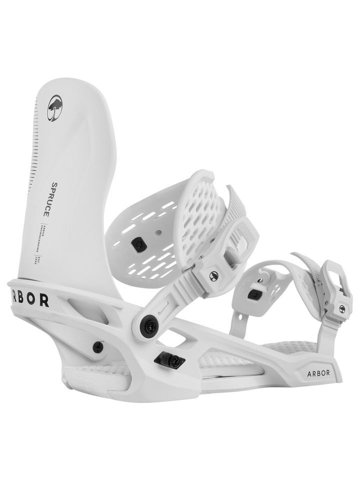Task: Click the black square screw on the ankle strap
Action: [136, 243]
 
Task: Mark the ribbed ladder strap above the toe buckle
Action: [309, 265]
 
